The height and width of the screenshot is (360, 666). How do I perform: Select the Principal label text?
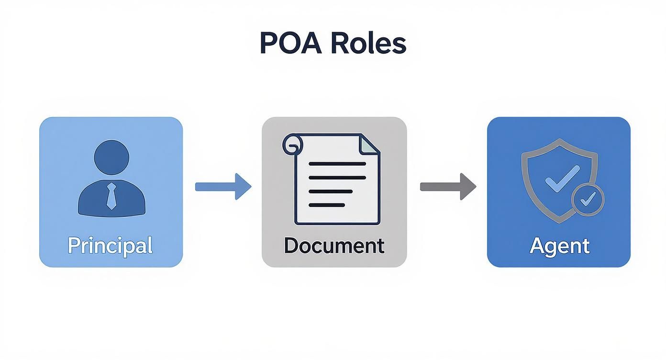click(x=110, y=245)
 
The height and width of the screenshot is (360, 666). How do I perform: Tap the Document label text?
click(x=333, y=245)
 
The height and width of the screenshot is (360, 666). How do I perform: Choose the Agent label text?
click(x=559, y=245)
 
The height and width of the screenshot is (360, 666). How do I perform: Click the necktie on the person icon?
click(x=111, y=196)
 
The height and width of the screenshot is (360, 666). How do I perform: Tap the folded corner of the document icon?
click(x=370, y=144)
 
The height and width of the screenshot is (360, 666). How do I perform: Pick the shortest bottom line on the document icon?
click(x=327, y=205)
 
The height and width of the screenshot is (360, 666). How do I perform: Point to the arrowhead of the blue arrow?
click(x=243, y=186)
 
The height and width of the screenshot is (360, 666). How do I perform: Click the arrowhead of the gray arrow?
click(x=468, y=186)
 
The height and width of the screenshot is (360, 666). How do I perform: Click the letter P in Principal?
click(x=73, y=245)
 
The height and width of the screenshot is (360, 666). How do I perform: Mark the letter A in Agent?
click(x=538, y=245)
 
